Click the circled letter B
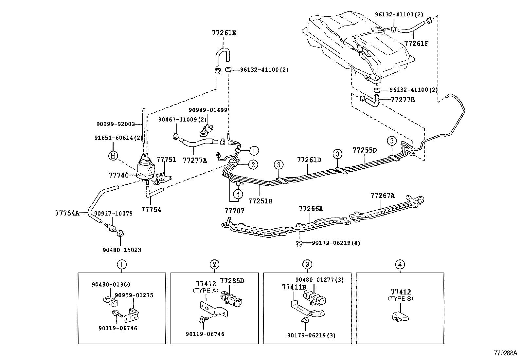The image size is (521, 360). pyautogui.click(x=113, y=156)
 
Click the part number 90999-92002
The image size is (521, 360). pyautogui.click(x=116, y=124)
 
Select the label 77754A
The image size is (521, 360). pyautogui.click(x=67, y=213)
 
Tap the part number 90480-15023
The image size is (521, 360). pyautogui.click(x=122, y=250)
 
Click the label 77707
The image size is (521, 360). pyautogui.click(x=234, y=211)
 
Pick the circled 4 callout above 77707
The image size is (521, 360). pyautogui.click(x=238, y=194)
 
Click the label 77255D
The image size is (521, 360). pyautogui.click(x=365, y=150)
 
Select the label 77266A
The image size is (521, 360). pyautogui.click(x=311, y=209)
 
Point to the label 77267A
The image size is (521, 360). pyautogui.click(x=383, y=196)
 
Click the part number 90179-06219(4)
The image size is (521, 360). pyautogui.click(x=336, y=243)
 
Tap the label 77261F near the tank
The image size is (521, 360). pyautogui.click(x=416, y=43)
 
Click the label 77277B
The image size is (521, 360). pyautogui.click(x=403, y=100)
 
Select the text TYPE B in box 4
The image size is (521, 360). pyautogui.click(x=400, y=299)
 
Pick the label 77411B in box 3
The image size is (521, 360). pyautogui.click(x=294, y=287)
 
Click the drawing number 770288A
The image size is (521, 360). pyautogui.click(x=506, y=353)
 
